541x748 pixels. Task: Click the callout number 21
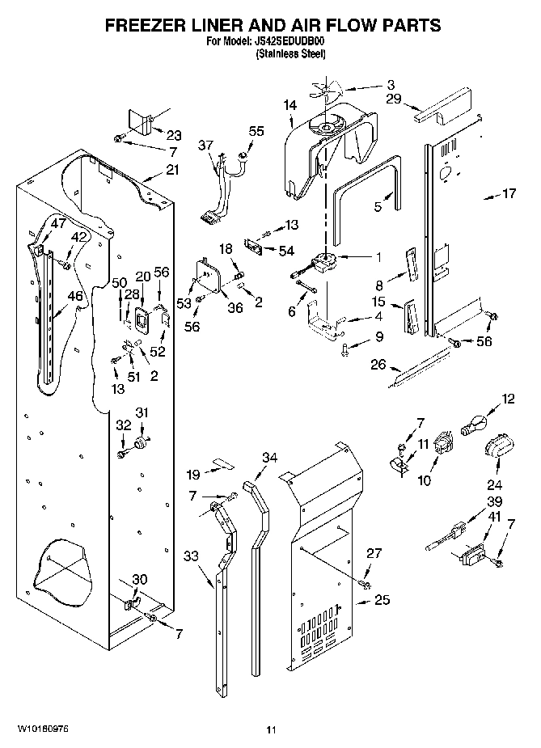(172, 170)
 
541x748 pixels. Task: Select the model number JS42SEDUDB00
(289, 42)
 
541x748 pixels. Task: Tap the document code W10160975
(42, 729)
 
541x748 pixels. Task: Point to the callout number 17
(509, 194)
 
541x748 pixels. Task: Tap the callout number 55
(256, 130)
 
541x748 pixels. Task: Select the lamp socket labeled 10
(442, 446)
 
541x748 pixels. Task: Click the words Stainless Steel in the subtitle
(290, 54)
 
